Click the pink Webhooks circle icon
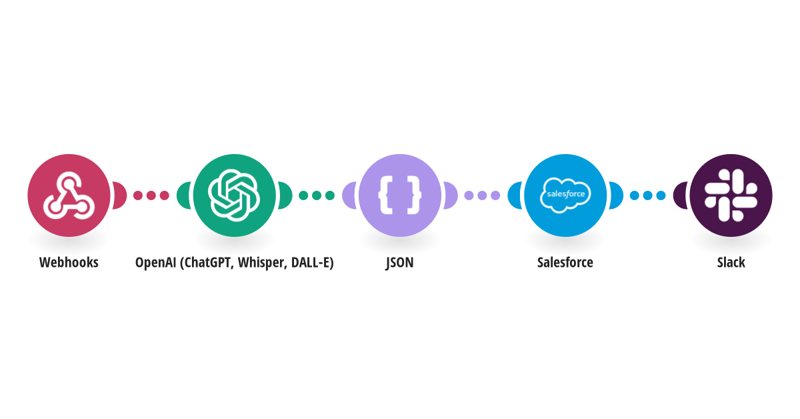(69, 195)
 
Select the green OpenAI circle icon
(234, 195)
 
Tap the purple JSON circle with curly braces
(399, 195)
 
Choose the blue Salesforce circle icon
(565, 195)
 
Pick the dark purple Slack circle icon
(731, 195)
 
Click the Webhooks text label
(69, 262)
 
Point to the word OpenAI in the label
(156, 262)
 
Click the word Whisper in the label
(263, 263)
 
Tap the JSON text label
(399, 263)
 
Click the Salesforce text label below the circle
(565, 262)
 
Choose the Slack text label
(731, 262)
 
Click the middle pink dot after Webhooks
(151, 195)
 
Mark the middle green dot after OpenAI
(317, 195)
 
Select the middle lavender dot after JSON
(482, 195)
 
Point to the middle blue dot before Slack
(647, 195)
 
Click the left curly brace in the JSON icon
(386, 195)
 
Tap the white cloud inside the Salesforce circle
(565, 195)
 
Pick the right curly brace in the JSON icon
(414, 195)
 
